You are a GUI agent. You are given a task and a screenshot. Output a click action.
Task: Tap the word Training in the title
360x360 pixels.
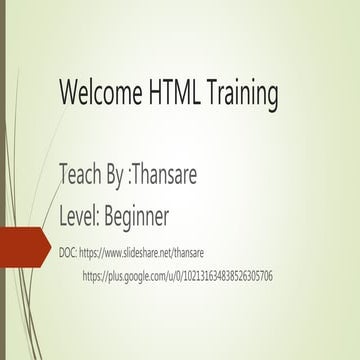[x=241, y=96]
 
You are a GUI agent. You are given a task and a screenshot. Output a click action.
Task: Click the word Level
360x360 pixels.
[x=81, y=215]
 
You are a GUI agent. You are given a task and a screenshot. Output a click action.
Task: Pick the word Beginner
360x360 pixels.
[x=137, y=217]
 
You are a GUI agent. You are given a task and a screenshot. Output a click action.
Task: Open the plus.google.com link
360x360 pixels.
[x=178, y=276]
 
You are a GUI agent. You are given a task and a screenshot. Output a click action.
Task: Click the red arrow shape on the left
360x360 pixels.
[x=22, y=246]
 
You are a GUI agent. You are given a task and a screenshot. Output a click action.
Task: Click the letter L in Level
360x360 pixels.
[x=65, y=215]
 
